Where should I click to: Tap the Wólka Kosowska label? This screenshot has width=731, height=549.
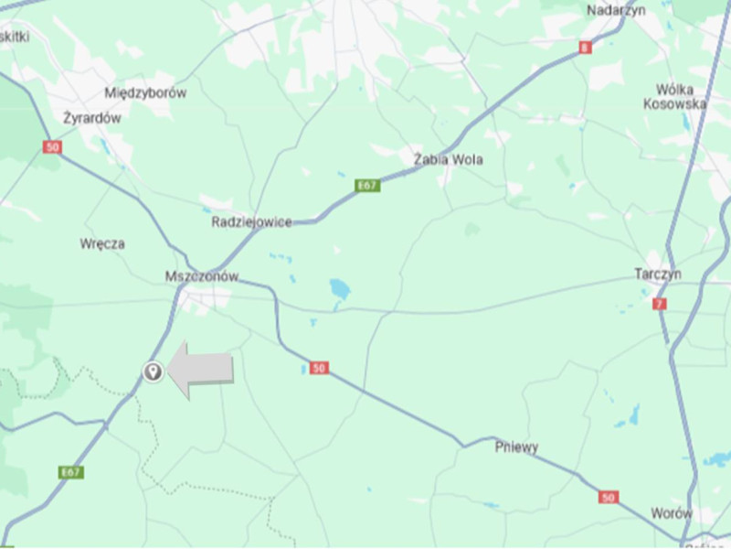coord(675,97)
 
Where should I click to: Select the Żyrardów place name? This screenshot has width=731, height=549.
coord(92,118)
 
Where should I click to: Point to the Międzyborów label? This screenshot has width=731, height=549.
coord(145,92)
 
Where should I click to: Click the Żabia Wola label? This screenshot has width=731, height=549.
coord(448,160)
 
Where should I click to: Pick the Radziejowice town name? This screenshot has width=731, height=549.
coord(252,222)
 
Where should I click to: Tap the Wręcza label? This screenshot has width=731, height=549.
coord(102,244)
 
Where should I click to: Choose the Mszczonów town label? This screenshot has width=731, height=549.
coord(202,276)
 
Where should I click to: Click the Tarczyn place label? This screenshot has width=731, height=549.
coord(658,274)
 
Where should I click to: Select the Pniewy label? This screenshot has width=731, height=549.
coord(516,447)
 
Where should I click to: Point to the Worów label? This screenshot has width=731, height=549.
coord(672,513)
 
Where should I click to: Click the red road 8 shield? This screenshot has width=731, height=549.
coord(585,48)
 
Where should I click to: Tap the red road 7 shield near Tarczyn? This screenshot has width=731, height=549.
coord(660,304)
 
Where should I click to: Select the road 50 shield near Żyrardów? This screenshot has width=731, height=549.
coord(53,146)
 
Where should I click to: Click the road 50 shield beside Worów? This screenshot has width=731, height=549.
coord(609,497)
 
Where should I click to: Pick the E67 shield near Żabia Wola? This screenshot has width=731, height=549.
coord(367,186)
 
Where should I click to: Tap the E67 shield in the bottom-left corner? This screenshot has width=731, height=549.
coord(71,472)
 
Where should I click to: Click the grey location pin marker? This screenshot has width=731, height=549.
coord(153,371)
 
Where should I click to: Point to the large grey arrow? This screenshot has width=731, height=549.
coord(203,369)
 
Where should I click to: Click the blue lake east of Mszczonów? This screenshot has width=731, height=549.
coord(340,289)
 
